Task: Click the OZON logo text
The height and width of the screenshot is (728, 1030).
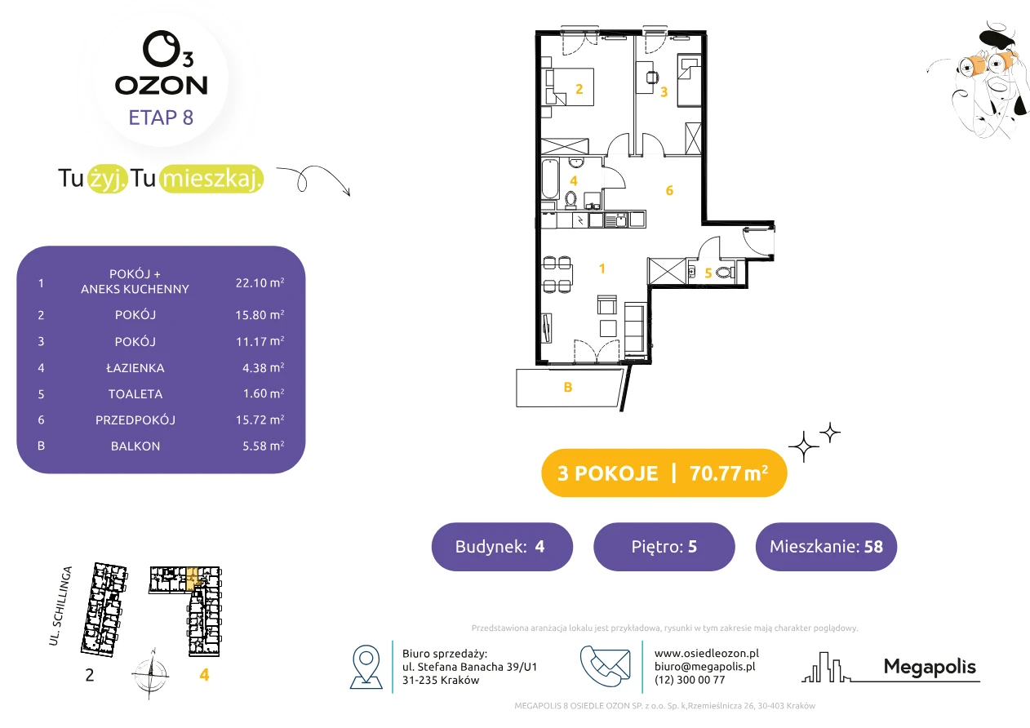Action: [x=161, y=86]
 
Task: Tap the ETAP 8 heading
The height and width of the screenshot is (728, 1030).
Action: [x=161, y=118]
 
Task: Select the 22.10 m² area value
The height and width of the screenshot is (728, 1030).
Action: [x=260, y=282]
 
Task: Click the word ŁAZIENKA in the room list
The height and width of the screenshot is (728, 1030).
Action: [x=135, y=368]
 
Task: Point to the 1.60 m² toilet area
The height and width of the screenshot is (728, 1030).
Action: [x=264, y=393]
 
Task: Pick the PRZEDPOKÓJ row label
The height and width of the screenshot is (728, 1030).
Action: [x=135, y=419]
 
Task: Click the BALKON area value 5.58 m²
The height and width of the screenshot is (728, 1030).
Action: [x=264, y=446]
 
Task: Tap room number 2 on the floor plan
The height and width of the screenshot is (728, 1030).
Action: [x=579, y=89]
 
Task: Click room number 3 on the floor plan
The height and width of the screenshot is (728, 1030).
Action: [x=664, y=92]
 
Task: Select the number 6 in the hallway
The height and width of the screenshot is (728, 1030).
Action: [x=669, y=190]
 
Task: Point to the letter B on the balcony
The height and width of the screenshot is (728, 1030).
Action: [x=568, y=387]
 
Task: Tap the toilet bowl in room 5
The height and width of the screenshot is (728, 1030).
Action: [x=725, y=272]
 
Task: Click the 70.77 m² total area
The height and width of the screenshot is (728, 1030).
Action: [x=728, y=473]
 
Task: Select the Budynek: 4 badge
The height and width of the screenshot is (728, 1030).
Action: [x=502, y=547]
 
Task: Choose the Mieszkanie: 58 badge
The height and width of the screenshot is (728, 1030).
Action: [x=826, y=547]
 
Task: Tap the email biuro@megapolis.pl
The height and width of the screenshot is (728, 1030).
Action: [x=705, y=666]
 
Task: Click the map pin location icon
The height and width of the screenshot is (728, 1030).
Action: [x=366, y=666]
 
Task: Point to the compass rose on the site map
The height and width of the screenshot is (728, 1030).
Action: [x=151, y=674]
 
